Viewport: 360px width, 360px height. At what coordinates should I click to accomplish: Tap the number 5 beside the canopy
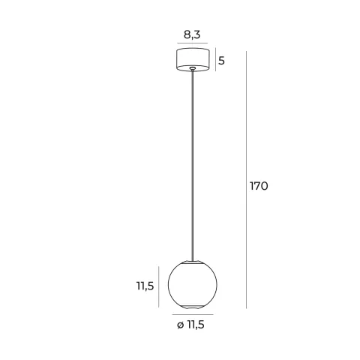[x=222, y=59]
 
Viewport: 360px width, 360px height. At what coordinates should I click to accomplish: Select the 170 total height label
[x=259, y=186]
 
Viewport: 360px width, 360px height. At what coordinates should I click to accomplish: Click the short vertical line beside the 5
[x=215, y=59]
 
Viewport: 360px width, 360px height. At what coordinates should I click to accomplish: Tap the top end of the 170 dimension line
[x=247, y=49]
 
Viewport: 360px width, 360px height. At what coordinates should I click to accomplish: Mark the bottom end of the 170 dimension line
[x=247, y=308]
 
